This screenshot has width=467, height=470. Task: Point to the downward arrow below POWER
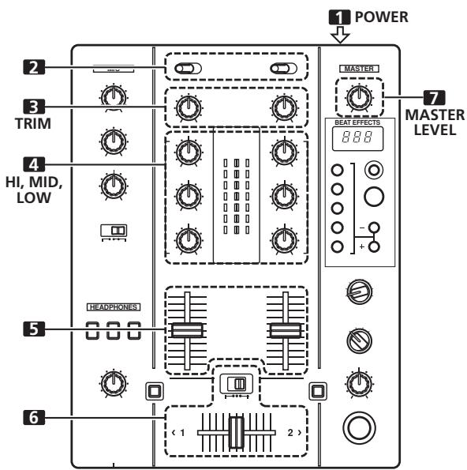click(341, 35)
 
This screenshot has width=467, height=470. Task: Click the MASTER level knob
click(359, 96)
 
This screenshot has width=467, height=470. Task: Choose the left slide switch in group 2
click(188, 70)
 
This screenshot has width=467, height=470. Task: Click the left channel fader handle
click(187, 330)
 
